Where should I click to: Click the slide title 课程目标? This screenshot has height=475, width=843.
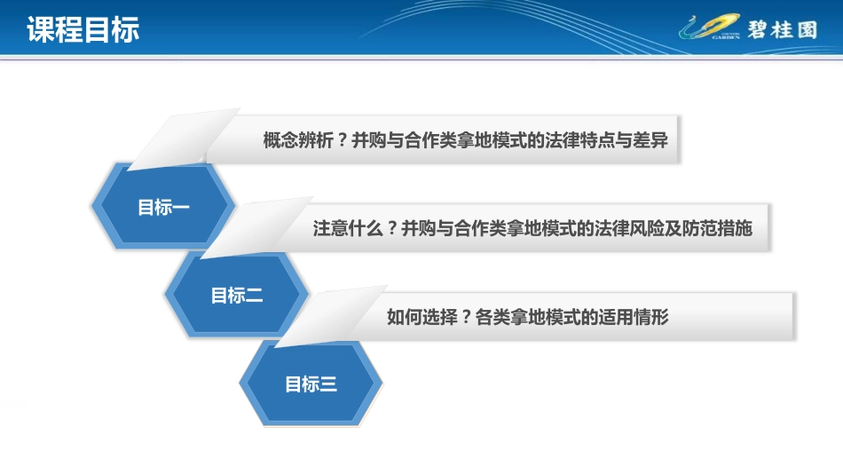click(x=83, y=29)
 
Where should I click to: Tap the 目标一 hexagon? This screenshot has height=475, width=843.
click(x=163, y=207)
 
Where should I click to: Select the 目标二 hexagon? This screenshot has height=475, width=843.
click(x=237, y=295)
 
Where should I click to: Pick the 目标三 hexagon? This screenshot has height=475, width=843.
click(x=311, y=384)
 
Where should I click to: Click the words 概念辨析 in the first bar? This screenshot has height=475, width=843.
click(x=298, y=140)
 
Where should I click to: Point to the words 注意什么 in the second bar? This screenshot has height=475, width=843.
click(x=348, y=229)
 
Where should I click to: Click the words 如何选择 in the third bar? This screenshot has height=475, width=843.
click(x=422, y=317)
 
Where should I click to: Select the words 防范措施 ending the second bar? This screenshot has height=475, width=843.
click(x=717, y=229)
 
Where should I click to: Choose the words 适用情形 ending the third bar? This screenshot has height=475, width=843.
click(x=634, y=317)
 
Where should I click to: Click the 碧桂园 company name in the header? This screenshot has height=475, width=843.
click(x=783, y=29)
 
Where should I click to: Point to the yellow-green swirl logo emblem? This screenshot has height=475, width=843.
click(x=710, y=27)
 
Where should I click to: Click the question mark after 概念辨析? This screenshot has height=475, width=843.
click(x=342, y=140)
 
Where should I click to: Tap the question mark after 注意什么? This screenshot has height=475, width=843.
click(x=392, y=229)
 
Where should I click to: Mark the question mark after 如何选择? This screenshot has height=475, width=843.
click(x=466, y=317)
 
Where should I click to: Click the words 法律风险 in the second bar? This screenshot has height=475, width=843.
click(x=629, y=229)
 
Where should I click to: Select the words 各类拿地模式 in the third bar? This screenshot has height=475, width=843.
click(x=528, y=317)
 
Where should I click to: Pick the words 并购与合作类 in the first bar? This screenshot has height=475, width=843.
click(x=404, y=140)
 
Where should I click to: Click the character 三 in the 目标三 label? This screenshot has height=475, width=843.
click(x=328, y=384)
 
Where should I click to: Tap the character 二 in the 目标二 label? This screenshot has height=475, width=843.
click(x=254, y=296)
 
